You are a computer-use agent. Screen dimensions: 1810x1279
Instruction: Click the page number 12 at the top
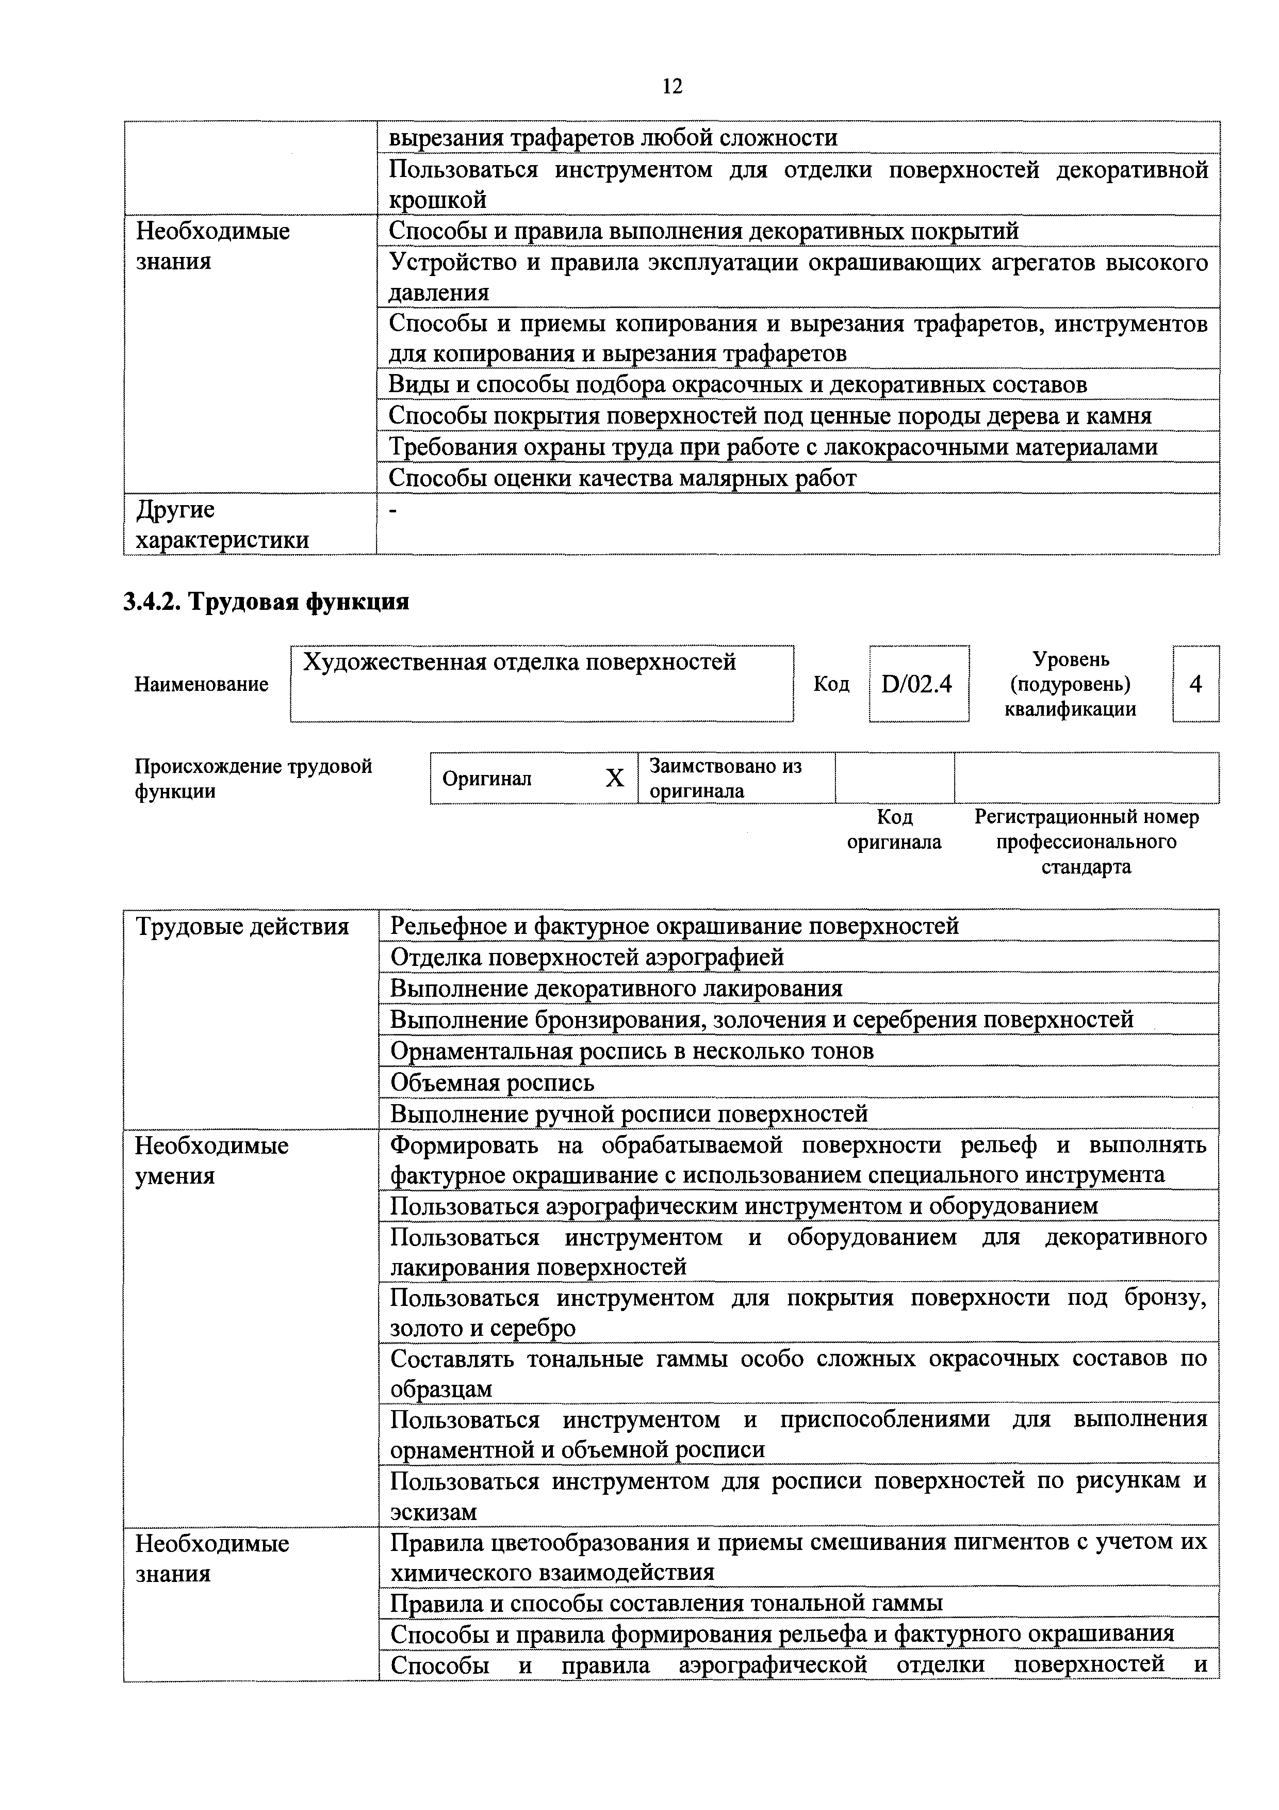672,86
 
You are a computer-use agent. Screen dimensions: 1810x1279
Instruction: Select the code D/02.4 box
917,684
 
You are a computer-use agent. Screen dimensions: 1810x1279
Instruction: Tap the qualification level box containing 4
1195,684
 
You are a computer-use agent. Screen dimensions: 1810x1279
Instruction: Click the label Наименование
201,684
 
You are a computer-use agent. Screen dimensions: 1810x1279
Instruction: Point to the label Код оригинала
894,829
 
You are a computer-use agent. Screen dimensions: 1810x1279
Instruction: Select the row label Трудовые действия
242,926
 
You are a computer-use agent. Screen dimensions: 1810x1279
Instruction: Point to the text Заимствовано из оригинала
725,778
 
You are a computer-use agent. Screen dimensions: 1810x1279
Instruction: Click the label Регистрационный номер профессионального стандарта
1086,842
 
